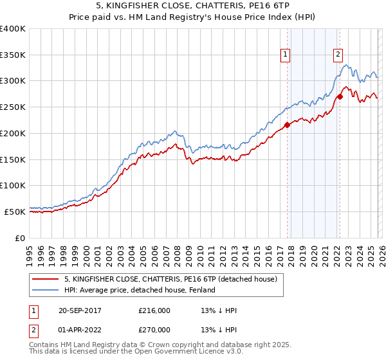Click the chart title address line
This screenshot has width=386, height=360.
[x=193, y=6]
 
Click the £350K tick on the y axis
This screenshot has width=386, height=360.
[x=13, y=55]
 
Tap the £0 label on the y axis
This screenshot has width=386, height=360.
[x=20, y=237]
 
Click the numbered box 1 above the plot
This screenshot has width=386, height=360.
[x=284, y=55]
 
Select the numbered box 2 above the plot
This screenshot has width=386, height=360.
[x=338, y=55]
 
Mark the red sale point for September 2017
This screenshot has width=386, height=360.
[x=287, y=125]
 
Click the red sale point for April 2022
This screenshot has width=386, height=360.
[x=339, y=97]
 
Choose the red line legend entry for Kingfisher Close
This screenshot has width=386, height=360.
[x=170, y=279]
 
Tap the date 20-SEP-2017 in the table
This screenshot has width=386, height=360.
[x=80, y=310]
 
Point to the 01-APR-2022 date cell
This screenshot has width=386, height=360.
[x=80, y=330]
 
